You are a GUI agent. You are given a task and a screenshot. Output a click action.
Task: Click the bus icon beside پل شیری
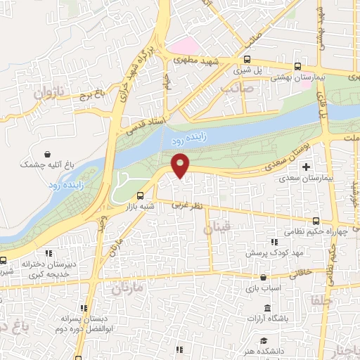point(247,60)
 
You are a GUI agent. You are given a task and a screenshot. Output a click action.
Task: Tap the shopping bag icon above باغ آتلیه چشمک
point(47,154)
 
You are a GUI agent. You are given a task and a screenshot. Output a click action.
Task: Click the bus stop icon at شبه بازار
point(140,195)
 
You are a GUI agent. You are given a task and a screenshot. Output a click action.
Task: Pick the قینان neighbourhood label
point(217,228)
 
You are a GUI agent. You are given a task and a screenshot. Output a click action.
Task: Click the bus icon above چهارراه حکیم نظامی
point(316,221)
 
